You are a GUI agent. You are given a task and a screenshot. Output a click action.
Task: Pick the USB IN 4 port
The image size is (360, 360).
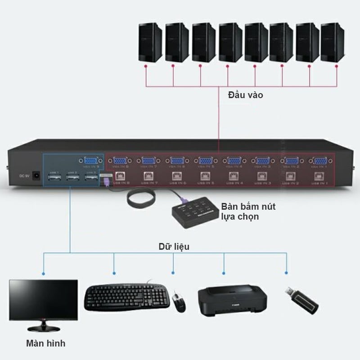click(x=233, y=175)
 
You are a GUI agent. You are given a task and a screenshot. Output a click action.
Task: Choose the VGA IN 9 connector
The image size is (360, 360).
click(x=90, y=161)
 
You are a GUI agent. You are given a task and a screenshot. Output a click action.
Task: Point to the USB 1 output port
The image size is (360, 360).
click(x=55, y=178)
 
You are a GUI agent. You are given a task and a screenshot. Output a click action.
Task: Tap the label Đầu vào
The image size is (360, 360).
click(x=245, y=95)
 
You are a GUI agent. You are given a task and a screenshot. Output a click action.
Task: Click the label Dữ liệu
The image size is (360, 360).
click(x=174, y=246)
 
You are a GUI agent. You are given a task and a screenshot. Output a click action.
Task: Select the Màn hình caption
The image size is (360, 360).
click(x=45, y=343)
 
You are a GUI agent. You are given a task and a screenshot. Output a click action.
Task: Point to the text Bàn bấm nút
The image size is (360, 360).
click(x=248, y=207)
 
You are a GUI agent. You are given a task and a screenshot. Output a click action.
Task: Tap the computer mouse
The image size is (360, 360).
click(x=179, y=301)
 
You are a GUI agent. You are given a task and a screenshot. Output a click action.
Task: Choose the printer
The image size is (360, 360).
click(x=232, y=298)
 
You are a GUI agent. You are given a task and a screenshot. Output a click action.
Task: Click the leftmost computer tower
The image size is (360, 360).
click(x=150, y=42)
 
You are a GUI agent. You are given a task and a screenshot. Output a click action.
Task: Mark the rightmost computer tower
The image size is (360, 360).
click(x=333, y=42)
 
